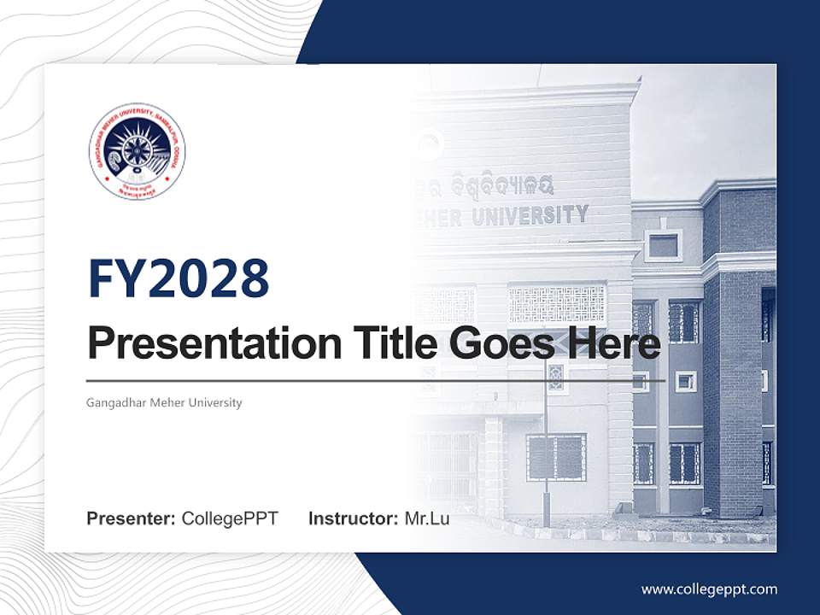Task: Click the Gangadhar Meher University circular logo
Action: click(137, 152)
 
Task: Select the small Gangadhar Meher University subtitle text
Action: click(164, 402)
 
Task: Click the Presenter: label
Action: click(132, 518)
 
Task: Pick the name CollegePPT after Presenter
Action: click(230, 518)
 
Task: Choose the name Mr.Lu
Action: click(427, 518)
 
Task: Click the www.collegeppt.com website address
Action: click(709, 589)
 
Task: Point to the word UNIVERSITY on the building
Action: click(530, 215)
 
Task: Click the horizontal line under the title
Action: click(376, 381)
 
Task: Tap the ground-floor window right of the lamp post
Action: click(556, 457)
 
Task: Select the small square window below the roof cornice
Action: click(663, 246)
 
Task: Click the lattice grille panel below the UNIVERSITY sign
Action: click(556, 303)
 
